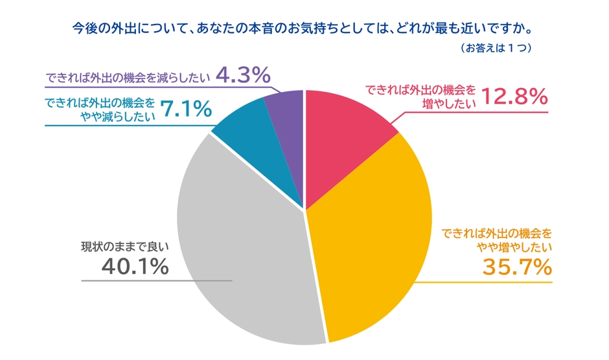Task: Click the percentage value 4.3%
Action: click(242, 76)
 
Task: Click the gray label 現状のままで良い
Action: click(124, 247)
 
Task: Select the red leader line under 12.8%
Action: click(479, 112)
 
